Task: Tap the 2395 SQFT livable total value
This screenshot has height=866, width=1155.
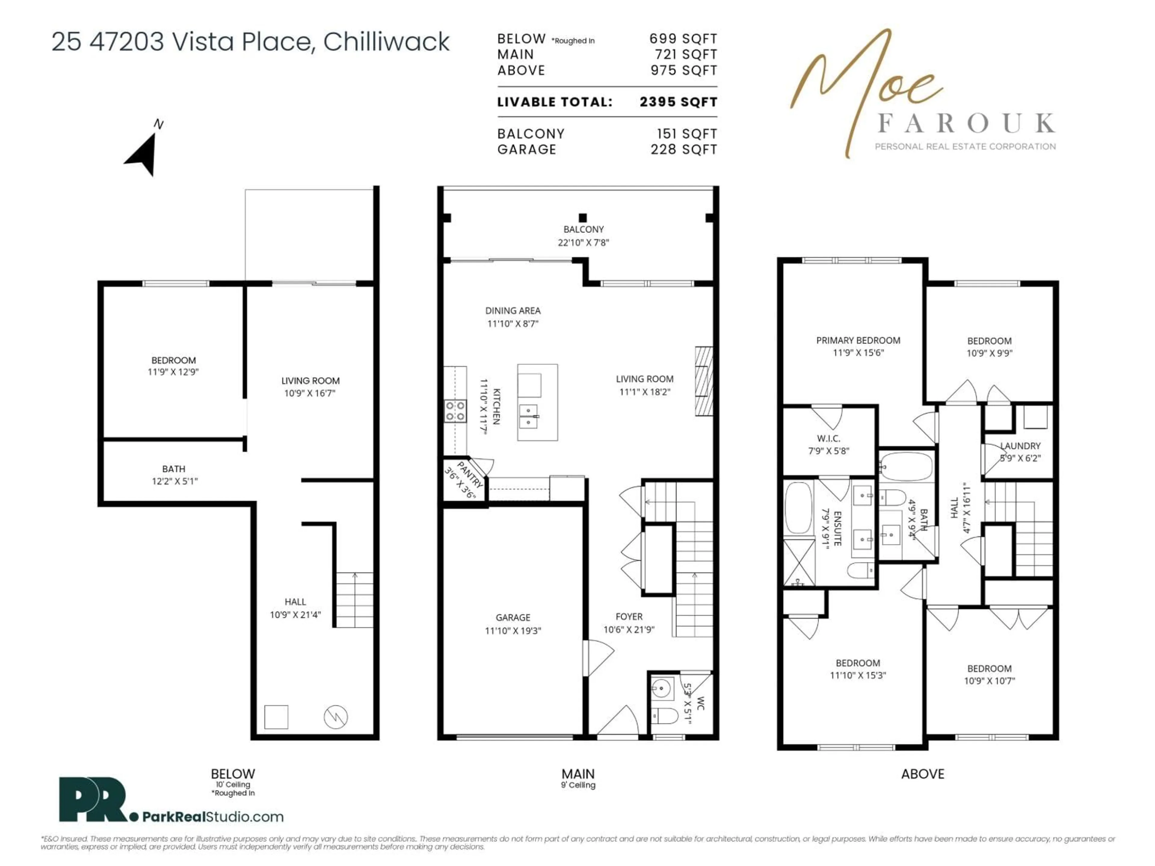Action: point(678,102)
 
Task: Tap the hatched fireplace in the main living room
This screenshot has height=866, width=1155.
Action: point(703,381)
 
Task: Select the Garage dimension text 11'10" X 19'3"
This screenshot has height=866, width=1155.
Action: point(513,631)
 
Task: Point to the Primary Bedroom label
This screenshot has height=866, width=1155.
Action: point(858,340)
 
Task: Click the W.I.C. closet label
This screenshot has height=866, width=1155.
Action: point(829,438)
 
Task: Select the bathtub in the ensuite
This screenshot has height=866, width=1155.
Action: point(798,507)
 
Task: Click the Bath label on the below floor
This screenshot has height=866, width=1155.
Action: point(173,469)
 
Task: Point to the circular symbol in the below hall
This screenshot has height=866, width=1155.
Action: point(336,717)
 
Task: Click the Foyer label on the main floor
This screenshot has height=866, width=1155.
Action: point(629,616)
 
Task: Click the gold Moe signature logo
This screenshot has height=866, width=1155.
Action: point(867,84)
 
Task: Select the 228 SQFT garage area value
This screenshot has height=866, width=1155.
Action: point(683,150)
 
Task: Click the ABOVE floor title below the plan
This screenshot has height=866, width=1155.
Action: point(922,774)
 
